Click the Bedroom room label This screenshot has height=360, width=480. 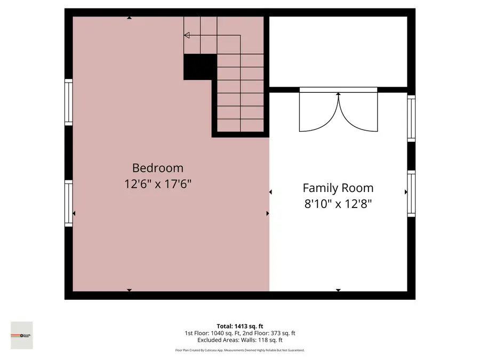pos(157,168)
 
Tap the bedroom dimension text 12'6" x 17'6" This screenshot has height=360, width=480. pos(157,184)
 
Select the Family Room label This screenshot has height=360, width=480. pos(338,188)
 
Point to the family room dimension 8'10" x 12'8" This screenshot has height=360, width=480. pos(338,204)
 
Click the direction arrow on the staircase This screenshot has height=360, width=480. pos(187,35)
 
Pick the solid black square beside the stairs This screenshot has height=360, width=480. pos(200,67)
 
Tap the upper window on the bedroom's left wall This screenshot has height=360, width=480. pos(69,102)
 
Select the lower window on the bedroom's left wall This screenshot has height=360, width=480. pos(69,203)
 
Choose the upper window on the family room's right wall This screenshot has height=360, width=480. pos(411,118)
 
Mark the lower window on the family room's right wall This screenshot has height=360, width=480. pos(411,193)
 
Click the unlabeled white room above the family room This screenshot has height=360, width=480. pos(338,51)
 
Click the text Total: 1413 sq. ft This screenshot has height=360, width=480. pos(239,326)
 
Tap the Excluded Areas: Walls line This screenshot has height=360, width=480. pos(239,340)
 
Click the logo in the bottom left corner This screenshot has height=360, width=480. pos(22,335)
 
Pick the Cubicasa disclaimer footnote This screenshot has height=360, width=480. pos(239,350)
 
